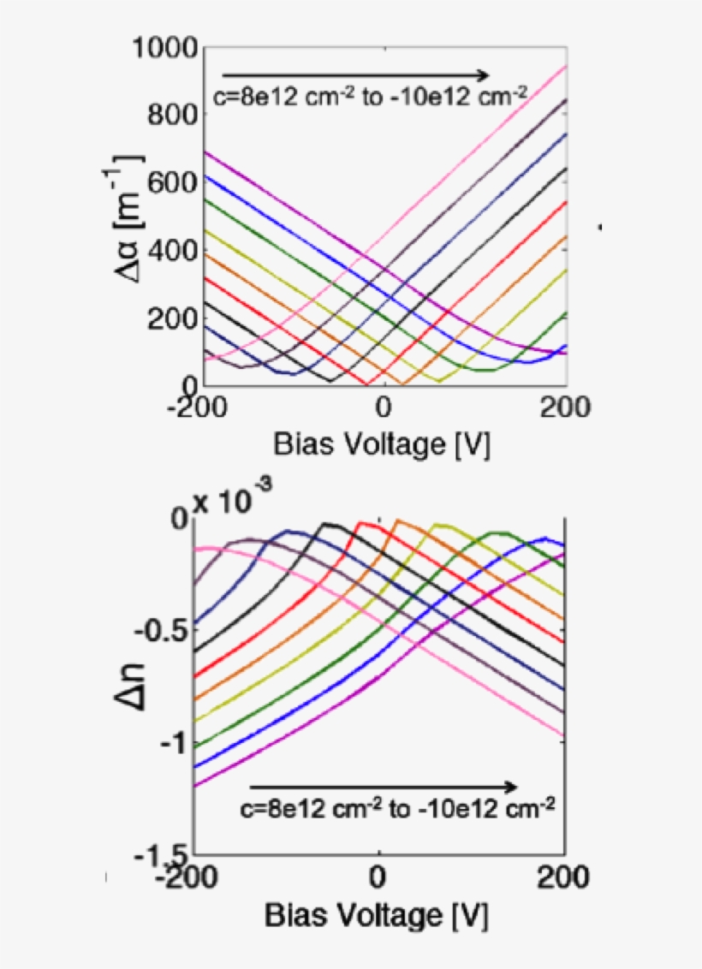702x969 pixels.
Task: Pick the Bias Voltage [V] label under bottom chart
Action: click(x=377, y=917)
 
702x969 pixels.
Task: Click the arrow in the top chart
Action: click(x=354, y=74)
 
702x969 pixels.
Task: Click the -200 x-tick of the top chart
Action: click(x=198, y=409)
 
